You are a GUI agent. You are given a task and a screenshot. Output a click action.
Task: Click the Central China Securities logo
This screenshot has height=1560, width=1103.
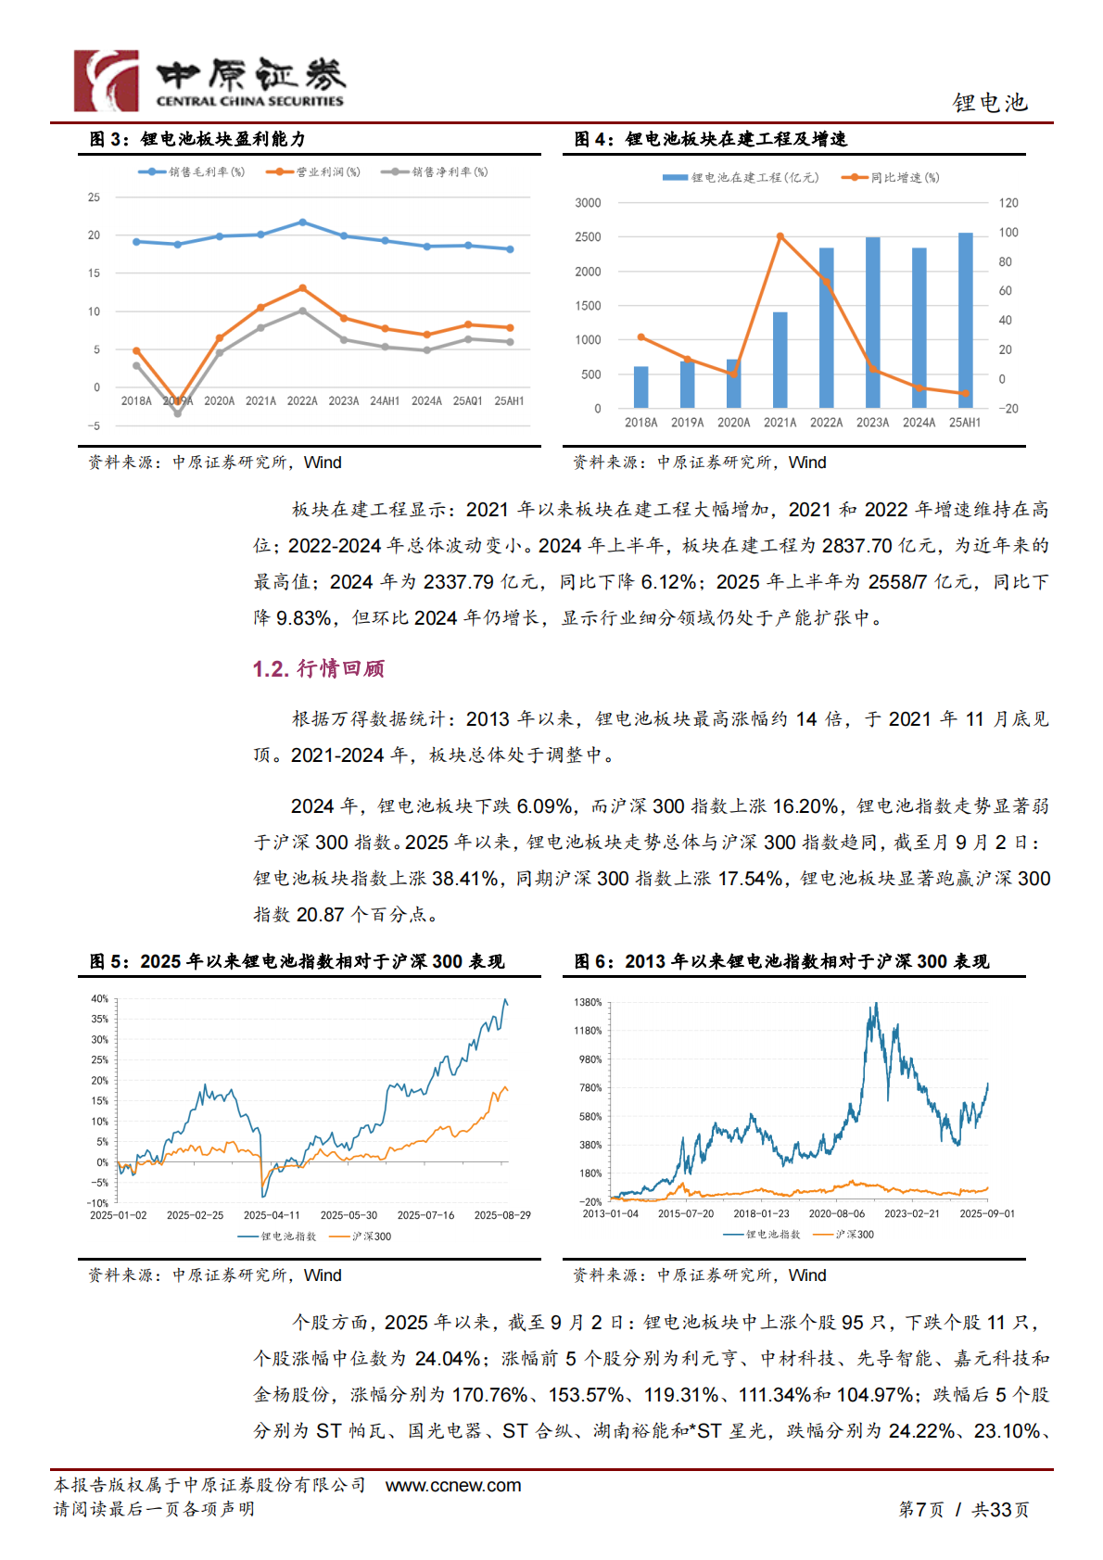click(209, 81)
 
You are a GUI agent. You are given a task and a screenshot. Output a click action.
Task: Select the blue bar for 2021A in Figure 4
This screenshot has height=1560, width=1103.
click(780, 360)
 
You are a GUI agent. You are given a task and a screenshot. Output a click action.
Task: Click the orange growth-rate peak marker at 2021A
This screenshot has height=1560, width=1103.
click(780, 236)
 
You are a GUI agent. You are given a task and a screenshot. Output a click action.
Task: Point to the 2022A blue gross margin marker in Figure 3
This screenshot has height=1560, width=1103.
click(302, 222)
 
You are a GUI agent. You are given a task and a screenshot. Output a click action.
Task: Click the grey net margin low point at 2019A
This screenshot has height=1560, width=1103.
click(178, 413)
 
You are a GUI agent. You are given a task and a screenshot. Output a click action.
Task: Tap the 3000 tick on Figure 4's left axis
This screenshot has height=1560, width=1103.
click(588, 203)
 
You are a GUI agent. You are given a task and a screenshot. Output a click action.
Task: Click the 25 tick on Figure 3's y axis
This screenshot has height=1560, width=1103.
click(94, 197)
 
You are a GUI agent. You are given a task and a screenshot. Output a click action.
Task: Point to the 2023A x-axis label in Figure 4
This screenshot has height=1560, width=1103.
click(872, 423)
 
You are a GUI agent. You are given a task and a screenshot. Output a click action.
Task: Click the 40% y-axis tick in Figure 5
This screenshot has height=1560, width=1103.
click(99, 999)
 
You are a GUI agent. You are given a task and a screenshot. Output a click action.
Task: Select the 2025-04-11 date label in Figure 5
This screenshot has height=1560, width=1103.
click(272, 1215)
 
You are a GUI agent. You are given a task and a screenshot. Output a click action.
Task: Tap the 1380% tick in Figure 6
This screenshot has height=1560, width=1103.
click(588, 1003)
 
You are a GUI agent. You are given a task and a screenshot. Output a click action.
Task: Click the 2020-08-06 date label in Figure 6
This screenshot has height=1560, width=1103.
click(836, 1213)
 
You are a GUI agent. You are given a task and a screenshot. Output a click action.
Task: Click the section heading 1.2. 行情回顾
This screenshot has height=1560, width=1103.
click(318, 668)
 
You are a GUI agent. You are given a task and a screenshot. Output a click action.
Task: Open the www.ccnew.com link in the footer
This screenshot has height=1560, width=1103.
click(453, 1485)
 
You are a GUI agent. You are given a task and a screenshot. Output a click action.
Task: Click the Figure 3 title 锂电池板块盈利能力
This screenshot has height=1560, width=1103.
click(222, 139)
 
